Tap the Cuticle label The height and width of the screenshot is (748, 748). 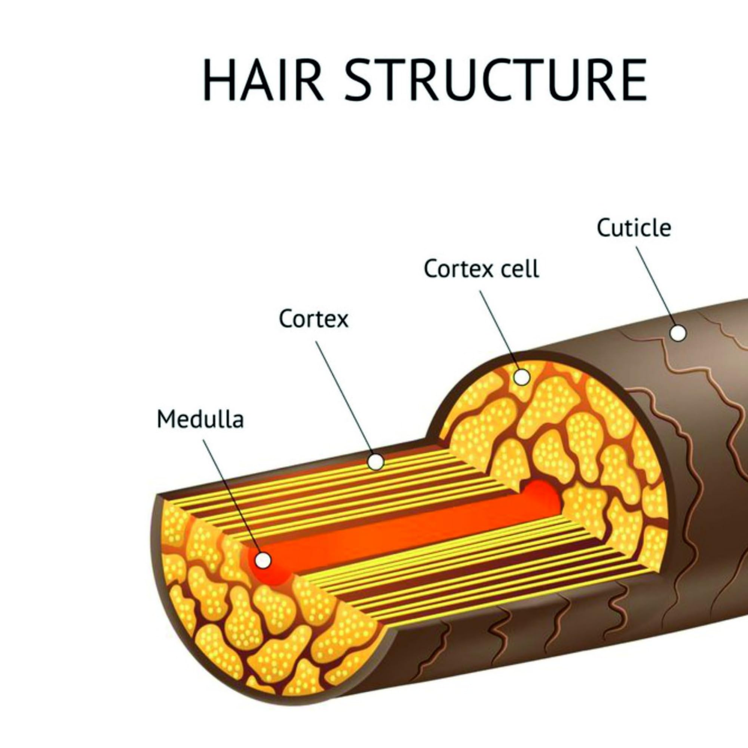pos(634,228)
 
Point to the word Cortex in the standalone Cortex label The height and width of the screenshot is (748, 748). pos(314,319)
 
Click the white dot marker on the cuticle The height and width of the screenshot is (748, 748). pos(678,333)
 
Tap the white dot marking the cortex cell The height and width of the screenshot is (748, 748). pos(522,377)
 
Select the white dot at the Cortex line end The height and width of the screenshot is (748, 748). pos(376,462)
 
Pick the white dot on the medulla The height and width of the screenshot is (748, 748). pos(263,560)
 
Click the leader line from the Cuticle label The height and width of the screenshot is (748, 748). pos(654,286)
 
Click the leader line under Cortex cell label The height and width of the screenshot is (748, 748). pos(502,333)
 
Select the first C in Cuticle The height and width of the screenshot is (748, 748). pos(604,228)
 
